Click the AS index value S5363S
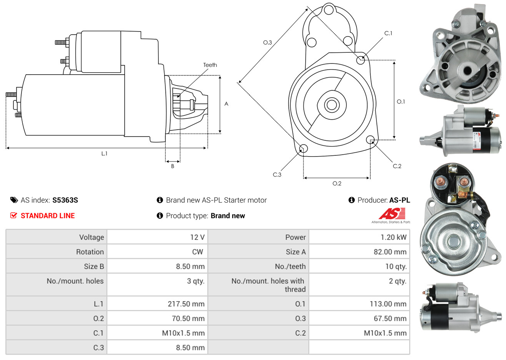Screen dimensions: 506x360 [65, 200]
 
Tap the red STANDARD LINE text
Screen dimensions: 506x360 [48, 216]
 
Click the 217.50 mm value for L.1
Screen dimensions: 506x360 [186, 304]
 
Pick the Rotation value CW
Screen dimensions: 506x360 [198, 252]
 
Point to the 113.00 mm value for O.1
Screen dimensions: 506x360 [388, 304]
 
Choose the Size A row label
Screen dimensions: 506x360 [296, 252]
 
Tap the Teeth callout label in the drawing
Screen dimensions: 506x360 [210, 65]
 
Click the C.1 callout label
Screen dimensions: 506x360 [388, 33]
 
